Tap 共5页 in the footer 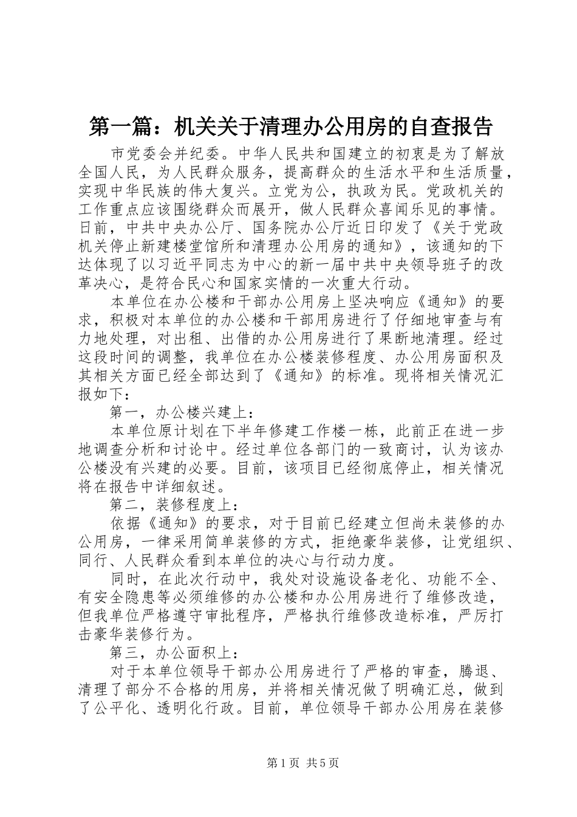(323, 764)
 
